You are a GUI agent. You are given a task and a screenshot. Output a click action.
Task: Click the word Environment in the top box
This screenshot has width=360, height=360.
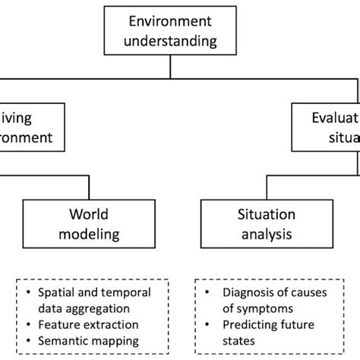point(170,21)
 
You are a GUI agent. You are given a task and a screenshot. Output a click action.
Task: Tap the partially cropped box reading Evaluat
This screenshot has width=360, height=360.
point(327,128)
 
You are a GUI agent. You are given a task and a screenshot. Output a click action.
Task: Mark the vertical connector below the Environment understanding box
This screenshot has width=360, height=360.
point(170,67)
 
